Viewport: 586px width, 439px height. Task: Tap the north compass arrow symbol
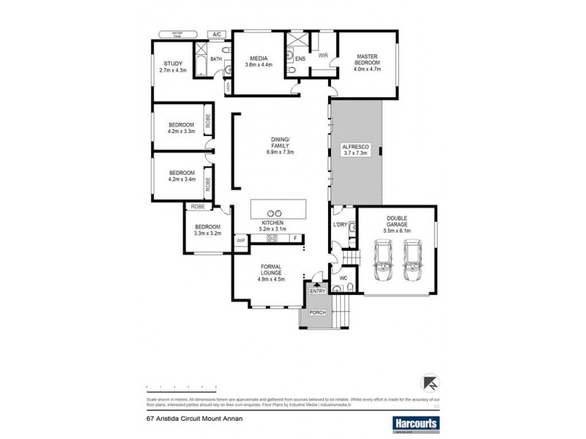(x=430, y=383)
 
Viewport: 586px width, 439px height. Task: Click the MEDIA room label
(x=258, y=59)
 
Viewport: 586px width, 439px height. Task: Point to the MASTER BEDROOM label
(x=367, y=61)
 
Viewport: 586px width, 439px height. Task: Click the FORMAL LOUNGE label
(x=270, y=270)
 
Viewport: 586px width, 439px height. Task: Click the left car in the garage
(x=383, y=261)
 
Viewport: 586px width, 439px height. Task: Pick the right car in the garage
(x=413, y=261)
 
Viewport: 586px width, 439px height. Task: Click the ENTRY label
(x=317, y=290)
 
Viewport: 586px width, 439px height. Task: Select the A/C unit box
(x=217, y=34)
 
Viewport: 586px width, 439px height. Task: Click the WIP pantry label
(x=240, y=240)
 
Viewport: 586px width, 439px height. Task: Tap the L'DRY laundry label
(x=340, y=225)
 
